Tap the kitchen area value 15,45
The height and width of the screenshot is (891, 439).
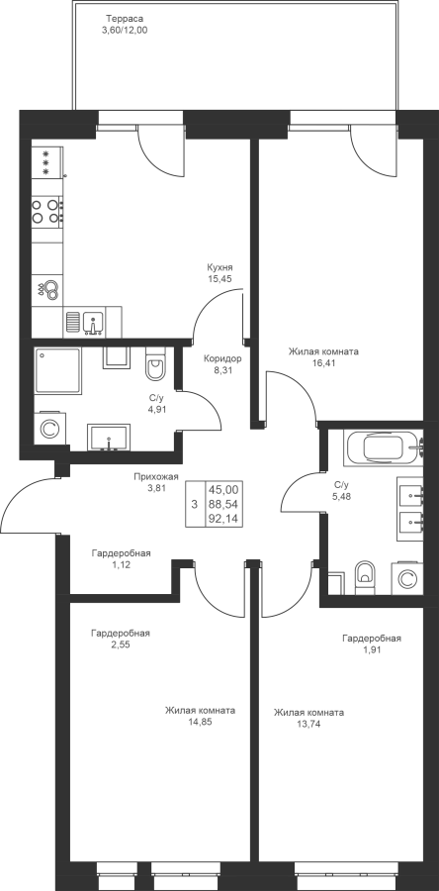[x=220, y=278]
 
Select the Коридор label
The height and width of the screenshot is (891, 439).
[x=222, y=358]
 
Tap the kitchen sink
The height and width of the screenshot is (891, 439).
[x=93, y=323]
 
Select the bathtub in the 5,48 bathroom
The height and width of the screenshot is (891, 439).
[x=384, y=447]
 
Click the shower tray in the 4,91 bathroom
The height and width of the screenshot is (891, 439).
[x=57, y=371]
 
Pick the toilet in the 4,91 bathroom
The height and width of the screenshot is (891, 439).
[x=153, y=364]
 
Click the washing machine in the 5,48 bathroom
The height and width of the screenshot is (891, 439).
[x=406, y=578]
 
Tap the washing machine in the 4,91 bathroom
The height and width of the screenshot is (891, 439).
[x=48, y=429]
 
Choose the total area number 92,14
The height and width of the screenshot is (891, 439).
[x=223, y=519]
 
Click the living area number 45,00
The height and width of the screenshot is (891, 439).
[x=223, y=489]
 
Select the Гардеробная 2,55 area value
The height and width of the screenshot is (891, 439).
[x=121, y=644]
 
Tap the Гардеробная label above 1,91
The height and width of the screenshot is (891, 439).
[x=372, y=639]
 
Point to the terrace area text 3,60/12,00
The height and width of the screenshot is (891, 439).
[x=125, y=31]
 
